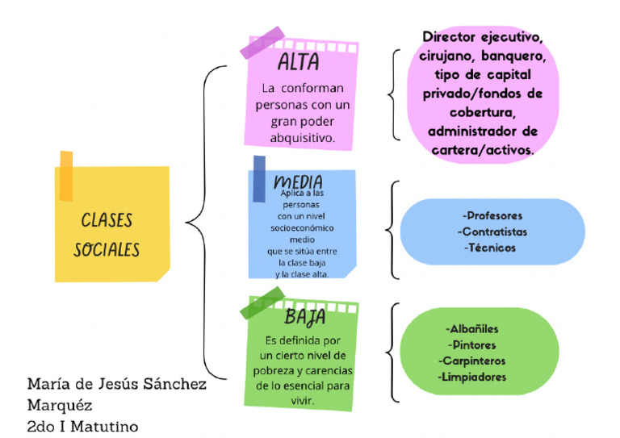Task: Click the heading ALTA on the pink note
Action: coord(298,63)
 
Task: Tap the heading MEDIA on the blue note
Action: coord(298,181)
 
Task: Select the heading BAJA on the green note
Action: coord(304,316)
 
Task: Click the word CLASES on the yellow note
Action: coord(107,221)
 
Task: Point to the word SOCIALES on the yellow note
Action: coord(107,249)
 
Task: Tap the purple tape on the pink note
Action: coord(262,42)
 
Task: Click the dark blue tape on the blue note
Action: coord(258,178)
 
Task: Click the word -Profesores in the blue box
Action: coord(492,215)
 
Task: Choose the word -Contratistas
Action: coord(492,232)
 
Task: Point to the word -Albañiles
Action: coord(471,329)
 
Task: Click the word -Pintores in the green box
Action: coord(471,345)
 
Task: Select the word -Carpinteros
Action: coord(472,361)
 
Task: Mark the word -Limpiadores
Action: coord(472,377)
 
